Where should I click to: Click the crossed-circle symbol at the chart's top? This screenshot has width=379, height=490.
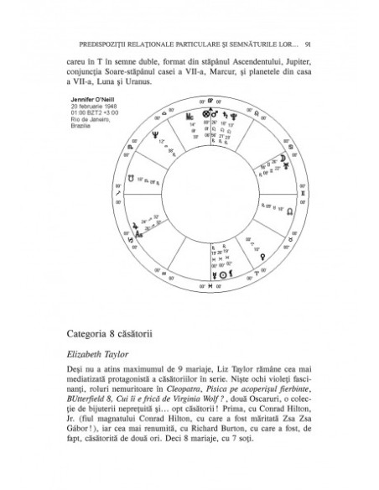204,110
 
